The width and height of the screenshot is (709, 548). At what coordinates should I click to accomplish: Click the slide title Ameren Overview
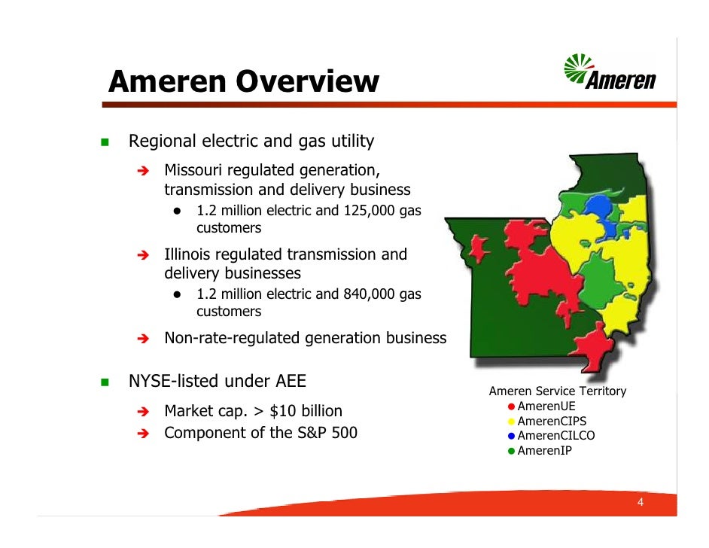(x=243, y=81)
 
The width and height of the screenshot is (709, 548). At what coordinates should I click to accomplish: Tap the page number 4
(x=640, y=503)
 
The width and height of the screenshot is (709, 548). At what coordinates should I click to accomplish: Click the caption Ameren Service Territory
(x=557, y=391)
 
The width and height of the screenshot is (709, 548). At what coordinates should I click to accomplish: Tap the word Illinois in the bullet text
(x=186, y=254)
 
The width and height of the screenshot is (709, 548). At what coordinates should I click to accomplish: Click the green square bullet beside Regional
(x=105, y=142)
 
